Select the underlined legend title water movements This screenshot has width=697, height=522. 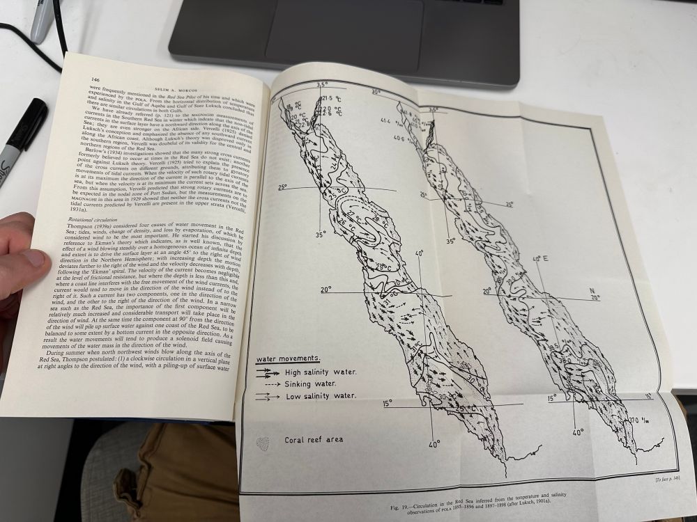click(288, 358)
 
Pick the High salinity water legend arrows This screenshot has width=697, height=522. click(268, 372)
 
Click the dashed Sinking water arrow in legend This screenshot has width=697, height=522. click(269, 383)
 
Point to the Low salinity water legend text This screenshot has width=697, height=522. click(321, 396)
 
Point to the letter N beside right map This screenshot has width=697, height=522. click(592, 291)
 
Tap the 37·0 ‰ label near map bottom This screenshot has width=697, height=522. click(642, 420)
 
